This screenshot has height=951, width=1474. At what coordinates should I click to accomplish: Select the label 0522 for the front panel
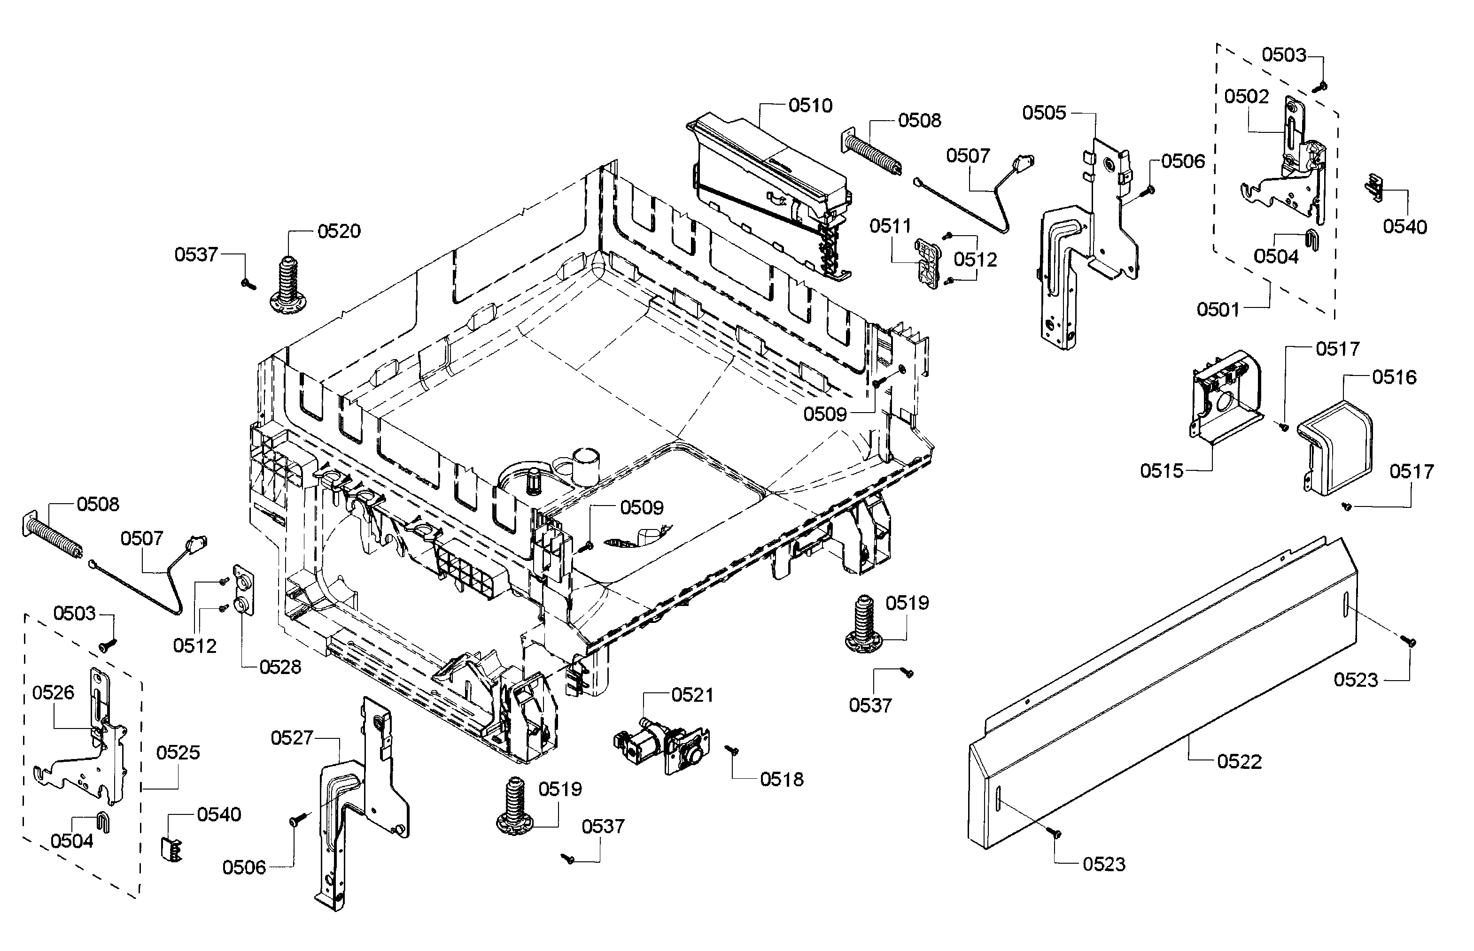pyautogui.click(x=1239, y=761)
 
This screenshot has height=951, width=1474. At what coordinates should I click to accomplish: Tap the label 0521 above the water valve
pyautogui.click(x=692, y=695)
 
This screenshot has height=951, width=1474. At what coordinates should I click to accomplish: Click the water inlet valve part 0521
pyautogui.click(x=661, y=744)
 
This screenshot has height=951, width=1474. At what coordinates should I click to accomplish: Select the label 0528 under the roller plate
pyautogui.click(x=280, y=667)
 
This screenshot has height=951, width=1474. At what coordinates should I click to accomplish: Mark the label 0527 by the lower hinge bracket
pyautogui.click(x=292, y=737)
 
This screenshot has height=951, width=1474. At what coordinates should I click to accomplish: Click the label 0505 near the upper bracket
pyautogui.click(x=1044, y=113)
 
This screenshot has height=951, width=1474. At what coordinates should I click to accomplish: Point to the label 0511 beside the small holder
pyautogui.click(x=890, y=226)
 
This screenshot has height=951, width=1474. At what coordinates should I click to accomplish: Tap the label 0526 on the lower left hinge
pyautogui.click(x=53, y=692)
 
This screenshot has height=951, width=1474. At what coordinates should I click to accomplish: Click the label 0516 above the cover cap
pyautogui.click(x=1394, y=377)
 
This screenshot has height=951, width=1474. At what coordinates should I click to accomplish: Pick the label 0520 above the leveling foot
pyautogui.click(x=339, y=231)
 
